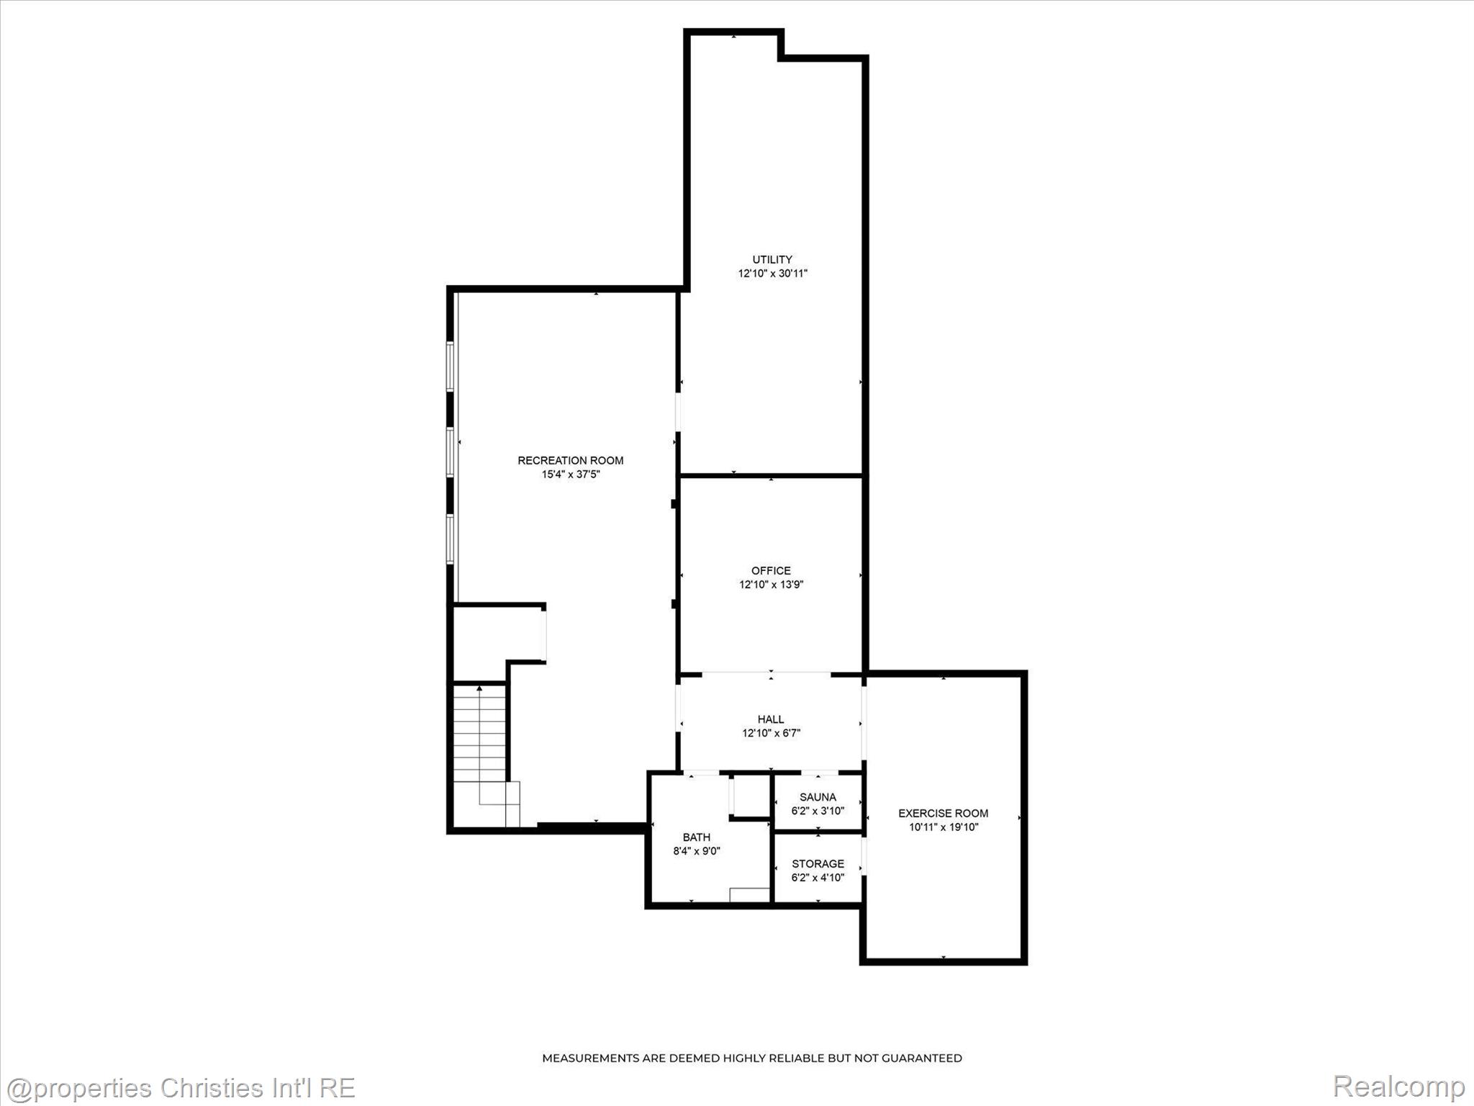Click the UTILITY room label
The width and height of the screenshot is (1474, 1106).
click(x=772, y=259)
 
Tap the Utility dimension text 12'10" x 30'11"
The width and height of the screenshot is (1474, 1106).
click(x=772, y=274)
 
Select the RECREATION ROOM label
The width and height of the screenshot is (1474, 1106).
click(x=571, y=460)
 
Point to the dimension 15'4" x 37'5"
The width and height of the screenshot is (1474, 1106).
click(x=571, y=475)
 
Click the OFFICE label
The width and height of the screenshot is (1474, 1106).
click(x=772, y=570)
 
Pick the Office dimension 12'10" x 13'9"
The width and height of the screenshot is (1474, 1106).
click(x=772, y=585)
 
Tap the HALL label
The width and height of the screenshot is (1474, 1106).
click(x=771, y=719)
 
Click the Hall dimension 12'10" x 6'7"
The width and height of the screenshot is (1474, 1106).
click(x=772, y=733)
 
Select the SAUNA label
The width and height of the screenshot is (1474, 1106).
click(x=818, y=797)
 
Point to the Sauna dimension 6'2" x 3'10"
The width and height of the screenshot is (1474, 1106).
click(x=818, y=811)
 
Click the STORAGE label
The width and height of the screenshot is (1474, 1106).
click(x=818, y=863)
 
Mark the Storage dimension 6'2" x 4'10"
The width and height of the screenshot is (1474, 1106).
click(x=818, y=878)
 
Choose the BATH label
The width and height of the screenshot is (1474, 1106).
click(x=697, y=837)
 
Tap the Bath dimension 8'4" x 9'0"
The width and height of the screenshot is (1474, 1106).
click(x=697, y=851)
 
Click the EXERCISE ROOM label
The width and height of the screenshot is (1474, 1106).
click(x=944, y=813)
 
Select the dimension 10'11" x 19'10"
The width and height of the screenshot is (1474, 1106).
click(x=944, y=827)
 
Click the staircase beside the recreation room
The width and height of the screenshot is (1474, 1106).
click(x=480, y=755)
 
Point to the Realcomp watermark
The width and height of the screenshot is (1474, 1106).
click(x=1398, y=1087)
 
